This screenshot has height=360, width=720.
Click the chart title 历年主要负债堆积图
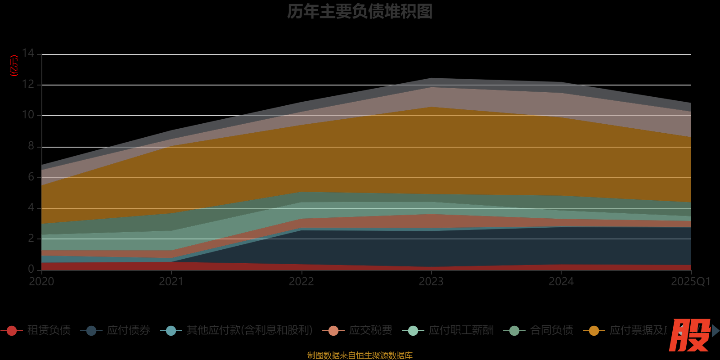360,12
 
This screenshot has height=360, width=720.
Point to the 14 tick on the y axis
28,54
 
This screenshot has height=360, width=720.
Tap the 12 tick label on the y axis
28,84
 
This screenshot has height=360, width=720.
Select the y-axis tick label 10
28,115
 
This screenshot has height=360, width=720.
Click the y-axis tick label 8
31,146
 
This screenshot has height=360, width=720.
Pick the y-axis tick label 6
31,177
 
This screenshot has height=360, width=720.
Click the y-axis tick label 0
31,269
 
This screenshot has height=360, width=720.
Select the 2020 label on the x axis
41,282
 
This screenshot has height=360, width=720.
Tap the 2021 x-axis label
171,282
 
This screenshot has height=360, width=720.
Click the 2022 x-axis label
301,282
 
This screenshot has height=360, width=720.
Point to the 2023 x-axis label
431,282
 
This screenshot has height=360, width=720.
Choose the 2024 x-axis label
561,282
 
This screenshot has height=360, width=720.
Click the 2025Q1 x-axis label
690,282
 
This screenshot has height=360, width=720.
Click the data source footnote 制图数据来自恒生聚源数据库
360,355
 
